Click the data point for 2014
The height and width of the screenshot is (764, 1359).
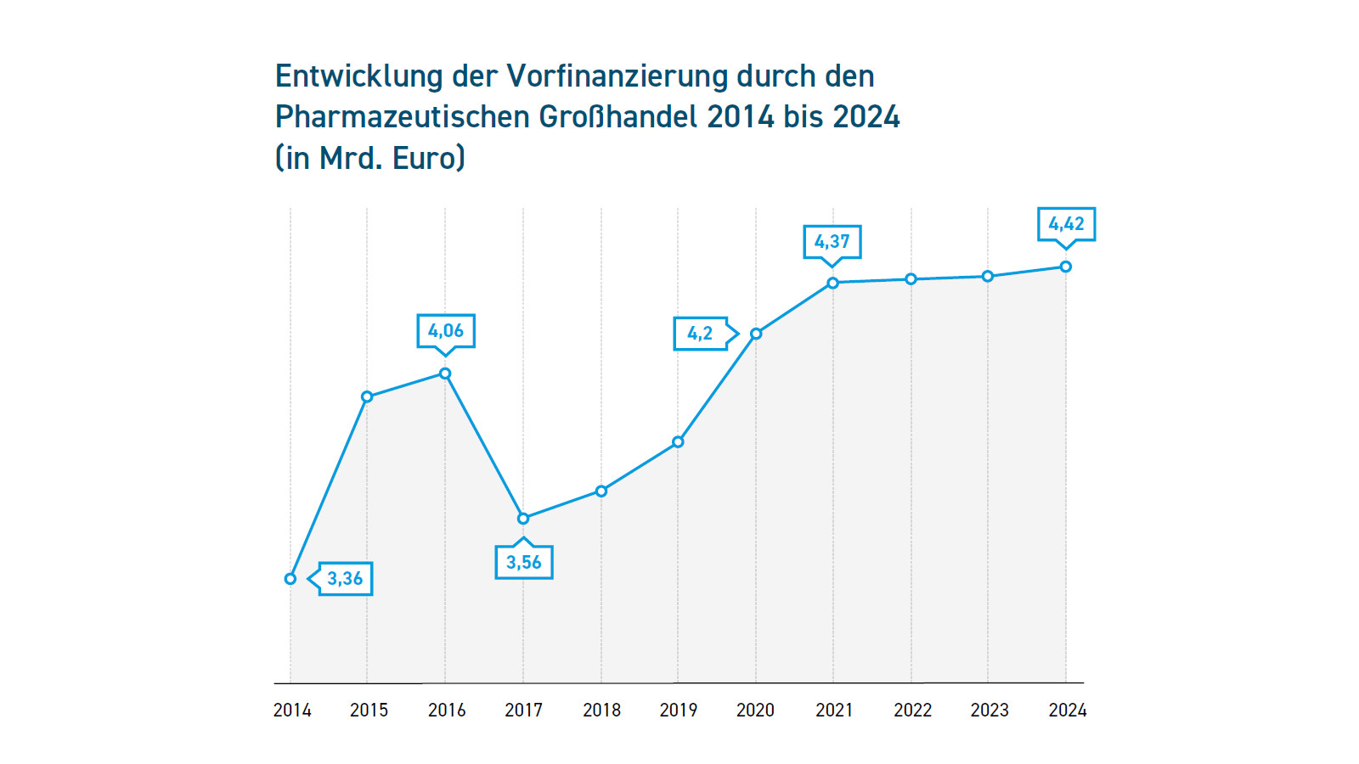[x=290, y=579]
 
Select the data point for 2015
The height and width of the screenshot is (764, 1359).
[x=367, y=396]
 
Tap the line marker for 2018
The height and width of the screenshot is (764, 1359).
[x=601, y=491]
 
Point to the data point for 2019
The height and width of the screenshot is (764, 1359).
[x=678, y=441]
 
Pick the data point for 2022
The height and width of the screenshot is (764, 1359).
[x=911, y=279]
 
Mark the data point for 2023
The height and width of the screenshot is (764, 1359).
[x=988, y=276]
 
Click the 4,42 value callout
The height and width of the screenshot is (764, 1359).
[x=1066, y=224]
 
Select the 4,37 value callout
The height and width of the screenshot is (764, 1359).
[x=832, y=241]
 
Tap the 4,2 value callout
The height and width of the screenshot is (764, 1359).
[x=701, y=334]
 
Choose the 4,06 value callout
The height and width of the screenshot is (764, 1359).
[x=446, y=331]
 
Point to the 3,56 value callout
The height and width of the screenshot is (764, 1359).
[x=524, y=562]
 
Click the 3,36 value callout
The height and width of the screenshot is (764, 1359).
[x=345, y=579]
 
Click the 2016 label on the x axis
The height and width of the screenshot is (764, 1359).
[x=447, y=711]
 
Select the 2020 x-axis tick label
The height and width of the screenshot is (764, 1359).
[x=755, y=711]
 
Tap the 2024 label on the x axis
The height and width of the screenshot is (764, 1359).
[x=1067, y=711]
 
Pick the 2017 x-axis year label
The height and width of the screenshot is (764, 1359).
[x=523, y=711]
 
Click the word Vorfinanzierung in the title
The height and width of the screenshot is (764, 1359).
[x=617, y=76]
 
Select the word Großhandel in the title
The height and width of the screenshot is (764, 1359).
[x=617, y=117]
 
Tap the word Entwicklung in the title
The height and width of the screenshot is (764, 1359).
[x=358, y=76]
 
